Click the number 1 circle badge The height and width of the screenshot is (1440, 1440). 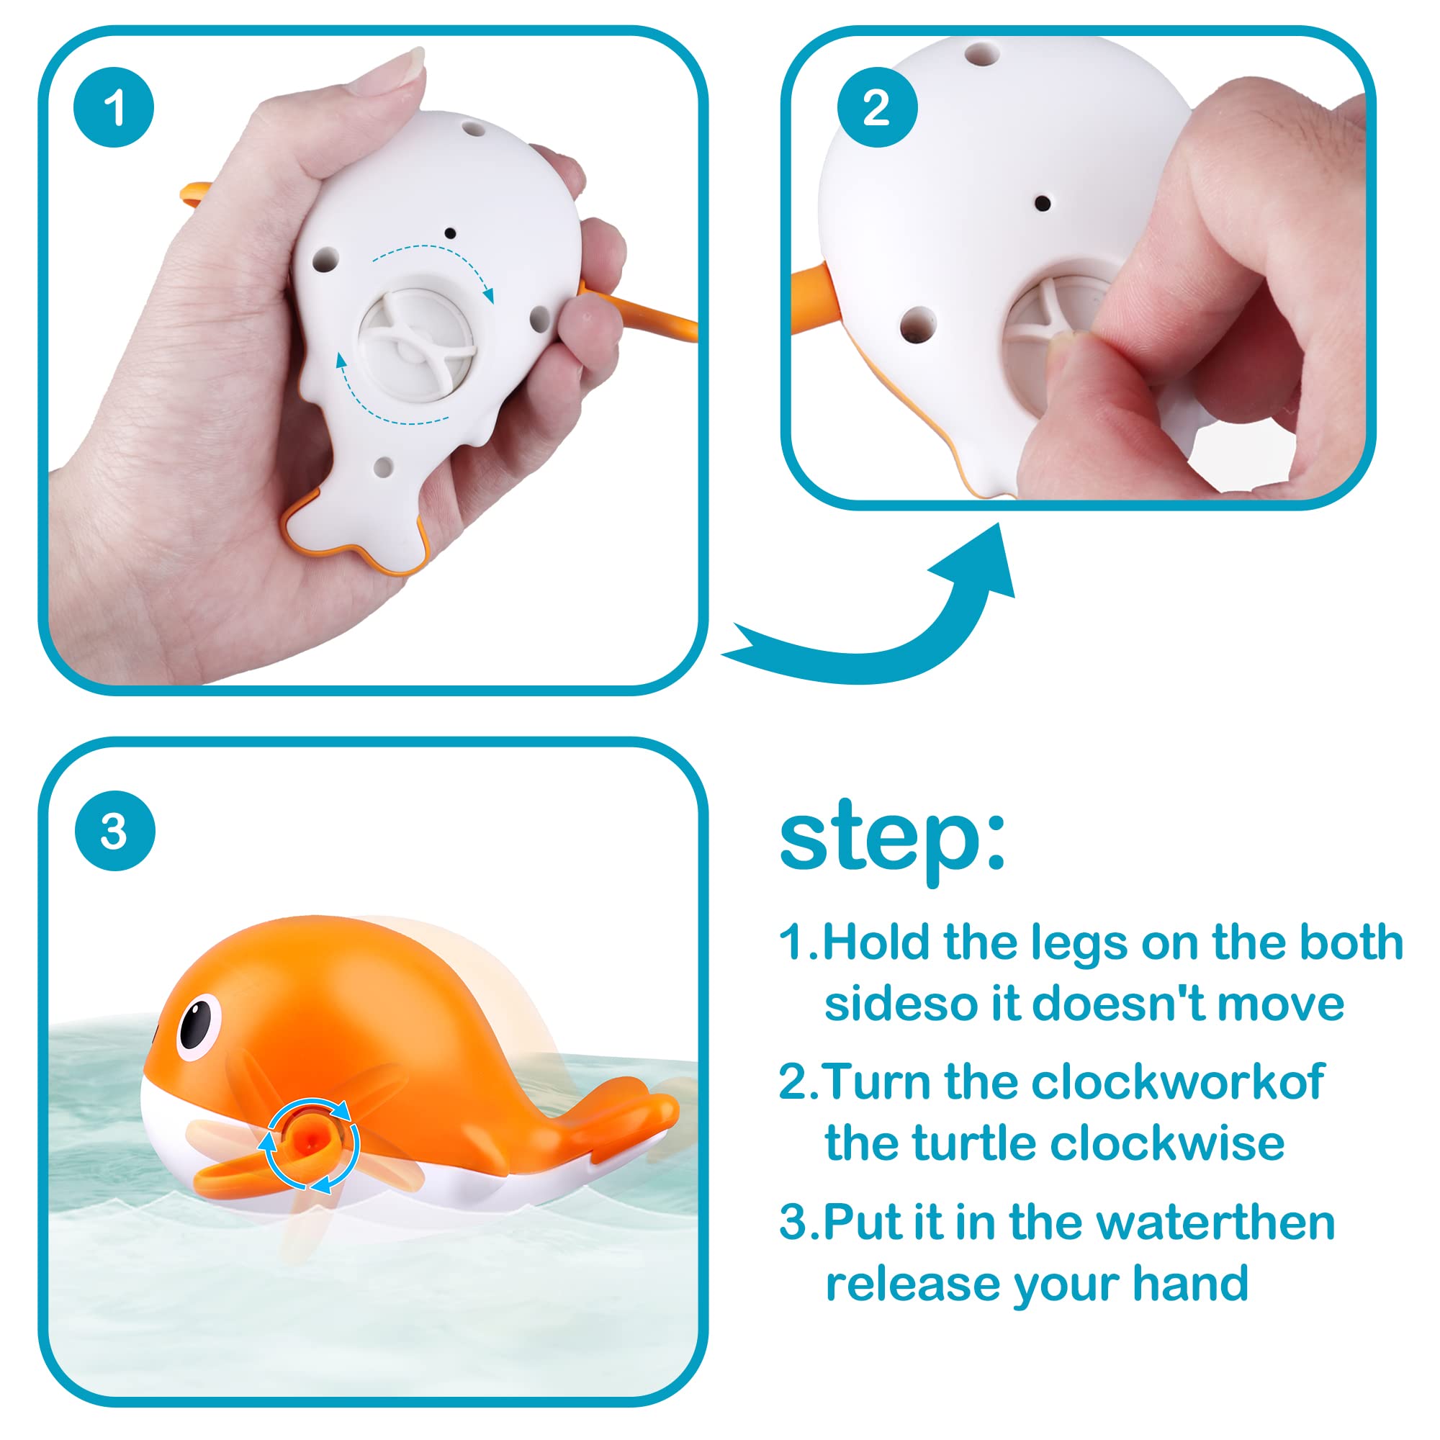pos(114,107)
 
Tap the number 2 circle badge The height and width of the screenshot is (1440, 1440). pos(877,107)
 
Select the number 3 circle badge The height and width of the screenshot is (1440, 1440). pos(114,831)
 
